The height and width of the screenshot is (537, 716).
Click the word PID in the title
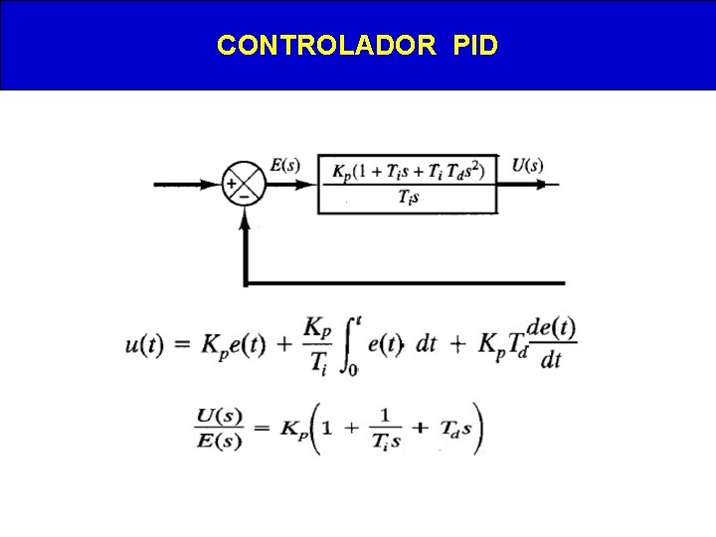coord(475,46)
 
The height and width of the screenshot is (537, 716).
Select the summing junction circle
coord(244,184)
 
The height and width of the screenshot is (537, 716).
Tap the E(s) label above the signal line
coord(284,165)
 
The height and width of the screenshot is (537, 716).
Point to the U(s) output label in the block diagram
coord(527,165)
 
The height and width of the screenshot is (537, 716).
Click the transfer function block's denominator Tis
coord(408,198)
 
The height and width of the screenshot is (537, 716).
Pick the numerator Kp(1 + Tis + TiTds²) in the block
coord(408,170)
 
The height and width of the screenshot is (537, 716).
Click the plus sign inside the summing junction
coord(232,184)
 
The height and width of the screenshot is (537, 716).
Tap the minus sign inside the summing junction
coord(244,196)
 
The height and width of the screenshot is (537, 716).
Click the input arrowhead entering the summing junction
coord(215,184)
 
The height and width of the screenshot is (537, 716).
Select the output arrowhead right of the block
coord(552,184)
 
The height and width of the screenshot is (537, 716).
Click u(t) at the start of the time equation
coord(145,345)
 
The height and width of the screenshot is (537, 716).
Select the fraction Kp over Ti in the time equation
coord(315,345)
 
